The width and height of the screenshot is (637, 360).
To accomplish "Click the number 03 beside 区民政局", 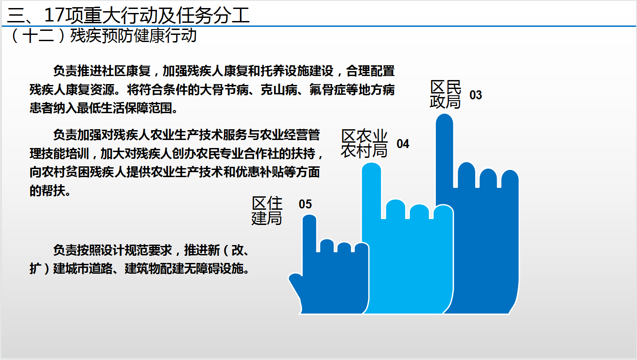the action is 476,95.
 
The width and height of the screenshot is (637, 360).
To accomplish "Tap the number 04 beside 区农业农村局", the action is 403,144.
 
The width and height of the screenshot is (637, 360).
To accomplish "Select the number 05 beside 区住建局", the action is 305,204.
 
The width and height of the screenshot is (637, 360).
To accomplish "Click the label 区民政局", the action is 445,94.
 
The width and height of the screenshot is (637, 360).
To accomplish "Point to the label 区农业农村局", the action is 364,144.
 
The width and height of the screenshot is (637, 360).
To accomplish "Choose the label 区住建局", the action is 267,211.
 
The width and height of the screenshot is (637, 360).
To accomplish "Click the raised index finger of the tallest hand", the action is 444,151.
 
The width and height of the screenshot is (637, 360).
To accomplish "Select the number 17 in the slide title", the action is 54,15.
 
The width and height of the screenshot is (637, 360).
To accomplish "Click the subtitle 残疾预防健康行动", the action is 133,36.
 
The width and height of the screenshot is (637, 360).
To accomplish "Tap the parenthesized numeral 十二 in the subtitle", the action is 38,36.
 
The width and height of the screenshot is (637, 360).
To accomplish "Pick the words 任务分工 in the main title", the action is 213,15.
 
